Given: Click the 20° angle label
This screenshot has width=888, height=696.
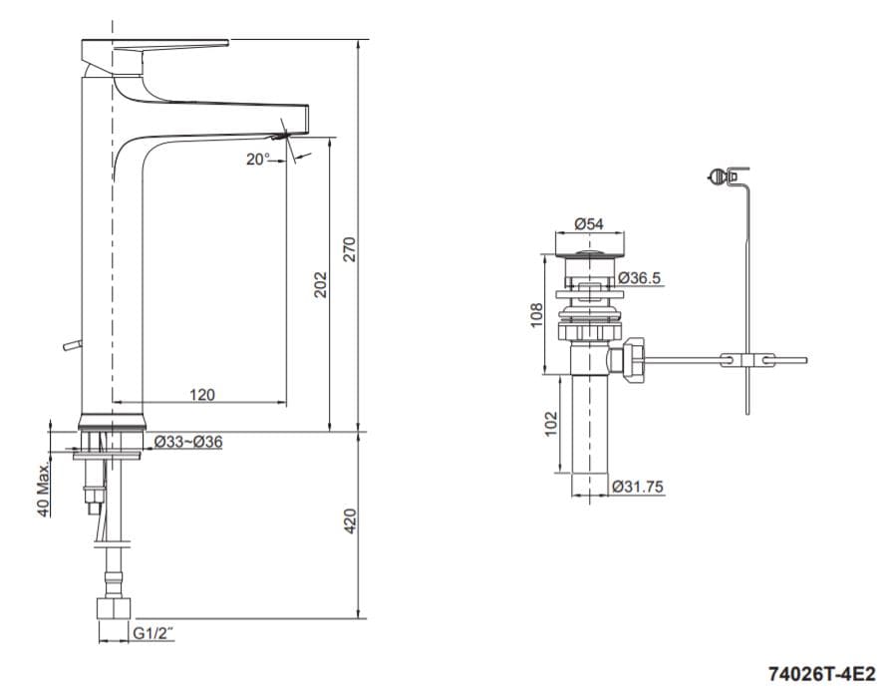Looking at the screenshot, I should (258, 159).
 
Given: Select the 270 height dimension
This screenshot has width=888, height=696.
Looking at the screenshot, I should (349, 249).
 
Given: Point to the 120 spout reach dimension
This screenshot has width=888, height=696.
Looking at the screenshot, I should (201, 395).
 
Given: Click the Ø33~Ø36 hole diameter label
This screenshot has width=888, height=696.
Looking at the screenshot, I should (187, 442).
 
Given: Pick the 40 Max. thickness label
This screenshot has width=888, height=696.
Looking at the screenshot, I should (44, 490).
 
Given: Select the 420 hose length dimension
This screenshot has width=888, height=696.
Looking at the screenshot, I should (349, 521).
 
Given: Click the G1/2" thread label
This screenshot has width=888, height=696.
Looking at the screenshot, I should (153, 631).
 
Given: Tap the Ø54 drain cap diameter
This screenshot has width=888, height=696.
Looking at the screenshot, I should (589, 224).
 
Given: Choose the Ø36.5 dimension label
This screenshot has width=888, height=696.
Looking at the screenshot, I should (639, 278).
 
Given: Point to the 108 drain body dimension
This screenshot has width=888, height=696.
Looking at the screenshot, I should (535, 315).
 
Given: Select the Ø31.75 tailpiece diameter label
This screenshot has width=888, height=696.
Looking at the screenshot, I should (639, 487).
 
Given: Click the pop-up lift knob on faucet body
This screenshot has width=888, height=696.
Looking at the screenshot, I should (68, 346).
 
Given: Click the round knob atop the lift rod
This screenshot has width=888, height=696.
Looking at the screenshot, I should (715, 178).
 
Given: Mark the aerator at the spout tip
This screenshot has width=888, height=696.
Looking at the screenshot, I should (288, 135).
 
